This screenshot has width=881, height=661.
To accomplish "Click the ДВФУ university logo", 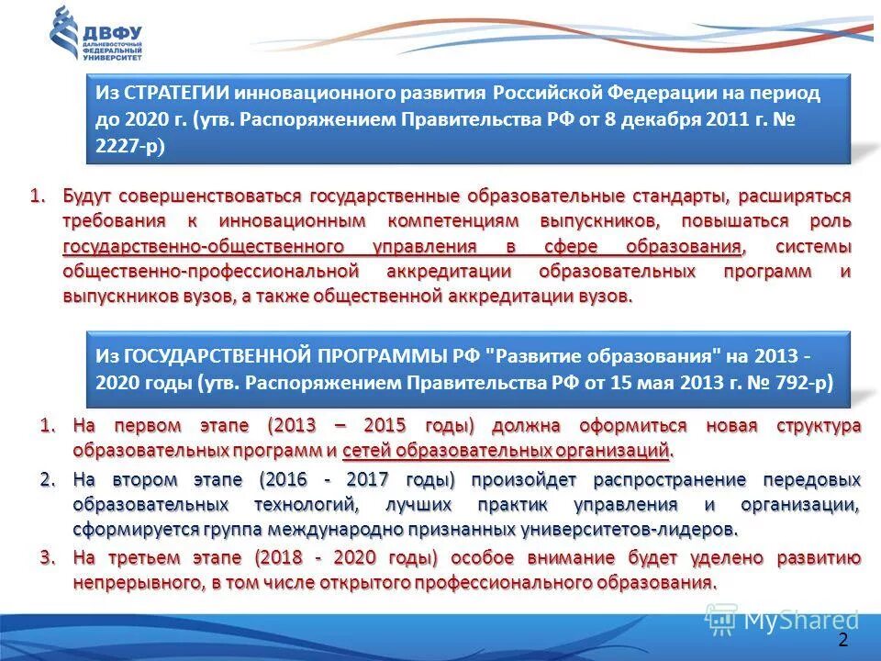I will (x=96, y=34).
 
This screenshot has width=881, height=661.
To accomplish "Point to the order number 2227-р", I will (x=130, y=145).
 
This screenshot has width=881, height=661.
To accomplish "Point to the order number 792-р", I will (x=799, y=381).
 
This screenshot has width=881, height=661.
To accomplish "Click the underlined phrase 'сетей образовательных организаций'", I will (x=506, y=450).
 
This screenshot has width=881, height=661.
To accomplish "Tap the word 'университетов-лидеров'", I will (x=632, y=530).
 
